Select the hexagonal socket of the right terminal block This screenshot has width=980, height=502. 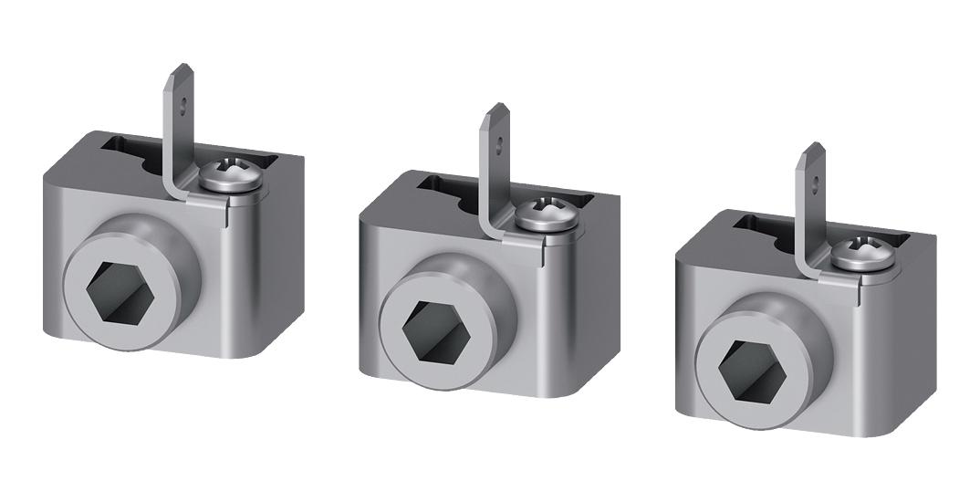click(751, 371)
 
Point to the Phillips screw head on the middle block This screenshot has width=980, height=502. click(546, 215)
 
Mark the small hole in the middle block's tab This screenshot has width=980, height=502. click(498, 143)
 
